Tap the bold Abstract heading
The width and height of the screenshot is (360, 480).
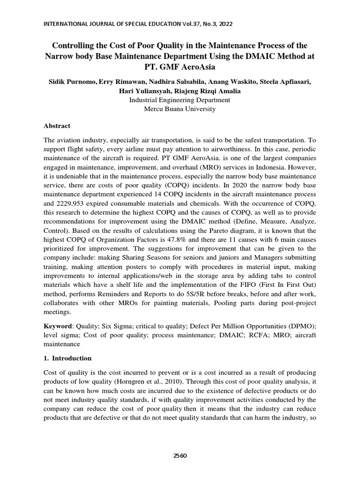pyautogui.click(x=57, y=126)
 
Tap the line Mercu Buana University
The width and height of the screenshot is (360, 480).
pyautogui.click(x=180, y=109)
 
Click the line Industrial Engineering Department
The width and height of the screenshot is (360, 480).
pyautogui.click(x=180, y=100)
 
